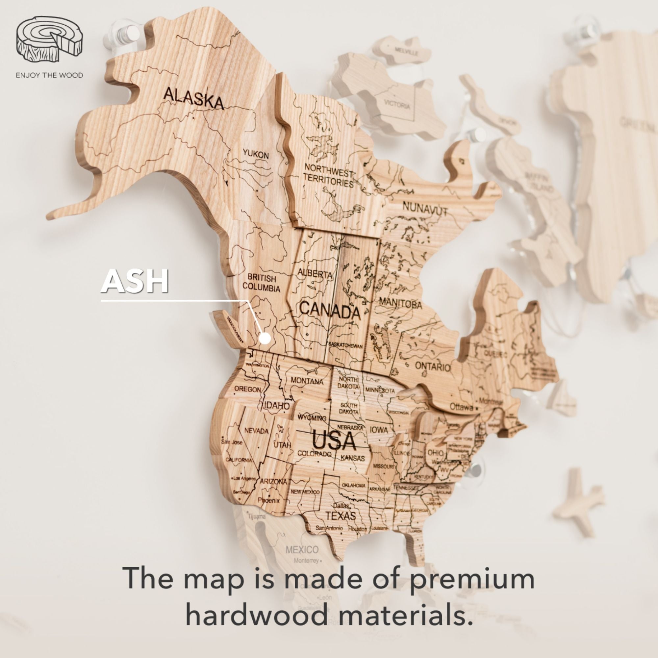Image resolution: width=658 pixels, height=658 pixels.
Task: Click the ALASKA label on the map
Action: [193, 99]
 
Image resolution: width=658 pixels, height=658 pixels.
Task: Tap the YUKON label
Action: [256, 155]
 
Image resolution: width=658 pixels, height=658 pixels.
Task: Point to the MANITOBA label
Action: [400, 303]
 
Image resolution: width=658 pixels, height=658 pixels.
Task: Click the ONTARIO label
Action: [433, 367]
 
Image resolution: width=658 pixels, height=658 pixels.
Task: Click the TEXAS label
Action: [340, 516]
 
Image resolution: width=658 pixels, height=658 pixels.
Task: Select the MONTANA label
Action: [307, 381]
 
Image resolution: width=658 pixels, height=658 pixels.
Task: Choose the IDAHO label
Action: [277, 406]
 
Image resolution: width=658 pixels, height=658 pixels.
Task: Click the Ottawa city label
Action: [461, 407]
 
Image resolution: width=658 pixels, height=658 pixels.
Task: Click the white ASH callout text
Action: [135, 281]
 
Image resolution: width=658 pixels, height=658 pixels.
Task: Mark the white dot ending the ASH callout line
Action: [265, 339]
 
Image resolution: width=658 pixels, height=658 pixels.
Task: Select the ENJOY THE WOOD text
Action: [49, 75]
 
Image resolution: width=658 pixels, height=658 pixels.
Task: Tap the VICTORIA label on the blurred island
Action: [397, 105]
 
